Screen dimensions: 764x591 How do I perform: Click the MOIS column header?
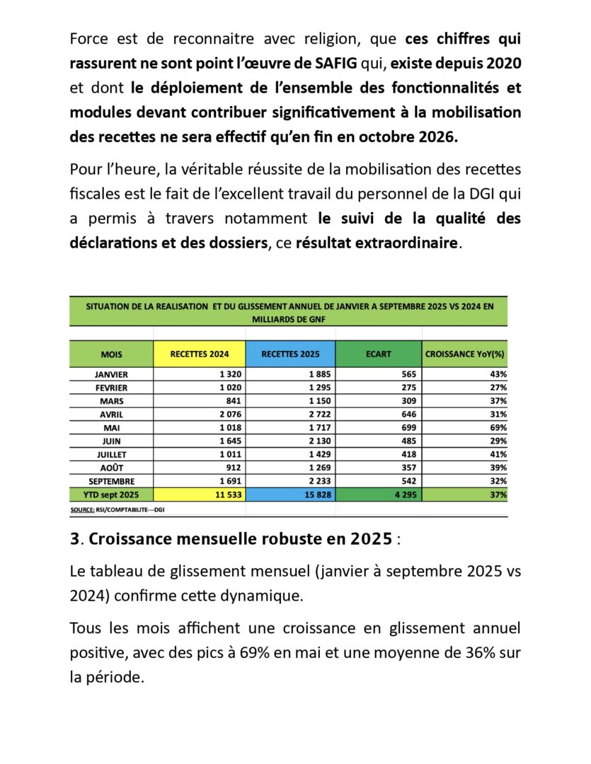111,354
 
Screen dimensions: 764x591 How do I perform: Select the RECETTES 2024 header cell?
200,354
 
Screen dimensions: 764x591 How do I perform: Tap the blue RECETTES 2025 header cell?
290,354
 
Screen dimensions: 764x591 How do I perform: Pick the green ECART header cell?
379,354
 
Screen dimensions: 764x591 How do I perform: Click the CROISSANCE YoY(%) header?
465,354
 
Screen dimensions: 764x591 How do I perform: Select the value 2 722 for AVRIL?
319,415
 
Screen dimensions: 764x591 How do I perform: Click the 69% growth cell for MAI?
498,428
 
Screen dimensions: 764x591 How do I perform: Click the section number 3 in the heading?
74,538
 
